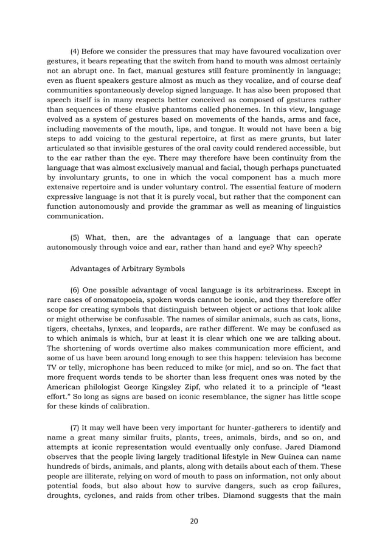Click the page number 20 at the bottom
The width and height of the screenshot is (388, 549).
(194, 520)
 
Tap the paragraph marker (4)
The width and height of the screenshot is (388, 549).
(77, 51)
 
